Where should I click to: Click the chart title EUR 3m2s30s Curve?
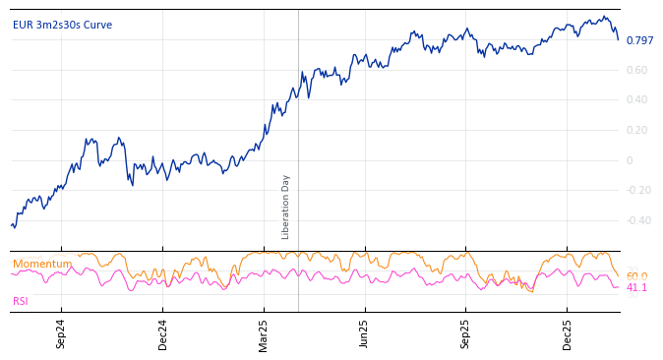pyautogui.click(x=62, y=26)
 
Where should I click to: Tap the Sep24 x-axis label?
pyautogui.click(x=61, y=333)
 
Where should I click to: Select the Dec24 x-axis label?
pyautogui.click(x=162, y=333)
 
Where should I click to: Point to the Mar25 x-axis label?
pyautogui.click(x=264, y=333)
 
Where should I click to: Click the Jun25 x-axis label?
pyautogui.click(x=364, y=333)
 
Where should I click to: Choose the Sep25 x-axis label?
pyautogui.click(x=465, y=333)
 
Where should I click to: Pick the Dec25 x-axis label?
pyautogui.click(x=567, y=333)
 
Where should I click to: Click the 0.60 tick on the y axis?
pyautogui.click(x=636, y=70)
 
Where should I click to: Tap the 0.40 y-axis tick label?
pyautogui.click(x=636, y=100)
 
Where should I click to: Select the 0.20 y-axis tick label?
pyautogui.click(x=636, y=131)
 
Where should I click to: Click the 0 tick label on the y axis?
pyautogui.click(x=630, y=160)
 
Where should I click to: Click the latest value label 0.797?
pyautogui.click(x=639, y=41)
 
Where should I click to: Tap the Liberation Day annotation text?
pyautogui.click(x=286, y=207)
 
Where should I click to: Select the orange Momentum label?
pyautogui.click(x=42, y=265)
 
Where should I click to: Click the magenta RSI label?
pyautogui.click(x=21, y=302)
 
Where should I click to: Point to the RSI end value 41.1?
pyautogui.click(x=636, y=288)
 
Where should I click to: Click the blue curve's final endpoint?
pyautogui.click(x=618, y=39)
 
